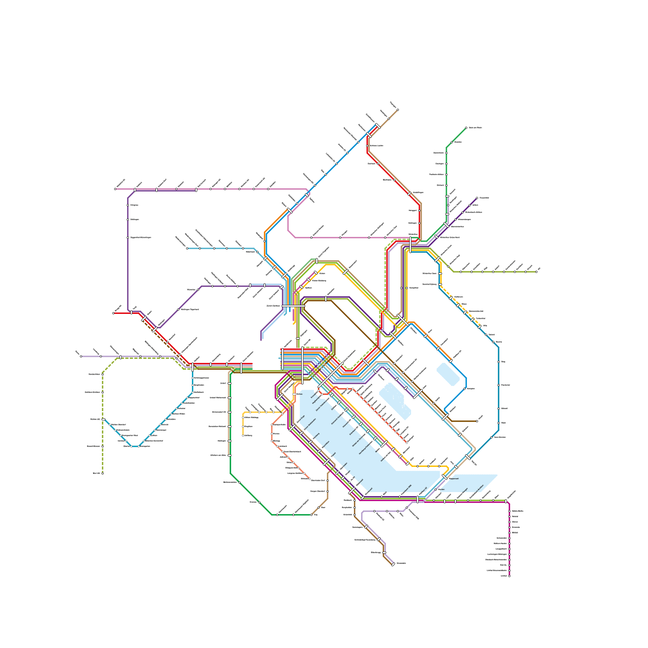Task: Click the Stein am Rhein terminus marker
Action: (x=466, y=128)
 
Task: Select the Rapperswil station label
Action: (x=454, y=478)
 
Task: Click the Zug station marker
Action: (x=311, y=515)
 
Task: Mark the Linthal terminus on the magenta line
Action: (x=509, y=576)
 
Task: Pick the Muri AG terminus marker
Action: (x=102, y=473)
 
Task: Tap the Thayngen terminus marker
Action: (x=398, y=109)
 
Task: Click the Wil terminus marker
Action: (x=536, y=271)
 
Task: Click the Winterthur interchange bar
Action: (x=410, y=245)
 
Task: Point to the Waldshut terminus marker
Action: (x=115, y=189)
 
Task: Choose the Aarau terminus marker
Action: (x=81, y=356)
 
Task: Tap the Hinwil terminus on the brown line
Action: (x=477, y=421)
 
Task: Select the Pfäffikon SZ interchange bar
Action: (x=418, y=499)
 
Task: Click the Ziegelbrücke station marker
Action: (x=506, y=501)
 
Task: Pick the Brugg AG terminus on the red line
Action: (x=113, y=313)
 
